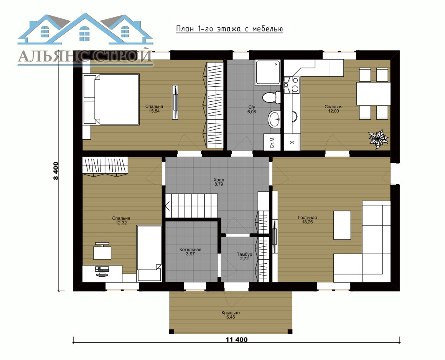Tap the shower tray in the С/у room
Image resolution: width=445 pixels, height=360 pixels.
pyautogui.click(x=268, y=72)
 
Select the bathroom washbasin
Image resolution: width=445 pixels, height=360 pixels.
pyautogui.click(x=274, y=119)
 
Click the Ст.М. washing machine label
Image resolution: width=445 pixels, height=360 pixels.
pyautogui.click(x=272, y=142)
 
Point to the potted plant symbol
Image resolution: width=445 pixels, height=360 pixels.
pyautogui.click(x=378, y=139)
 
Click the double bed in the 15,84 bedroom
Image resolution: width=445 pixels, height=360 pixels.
pyautogui.click(x=111, y=99)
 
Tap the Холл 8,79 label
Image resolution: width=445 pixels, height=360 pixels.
pyautogui.click(x=219, y=182)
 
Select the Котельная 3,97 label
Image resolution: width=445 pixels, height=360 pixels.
pyautogui.click(x=190, y=252)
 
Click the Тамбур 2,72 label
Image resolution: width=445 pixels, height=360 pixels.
pyautogui.click(x=244, y=257)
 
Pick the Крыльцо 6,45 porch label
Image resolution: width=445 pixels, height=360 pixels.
pyautogui.click(x=231, y=315)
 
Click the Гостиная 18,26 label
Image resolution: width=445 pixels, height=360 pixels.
pyautogui.click(x=307, y=220)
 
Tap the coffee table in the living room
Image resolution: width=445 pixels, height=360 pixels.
pyautogui.click(x=342, y=225)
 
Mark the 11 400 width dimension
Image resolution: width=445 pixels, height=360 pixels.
pyautogui.click(x=236, y=340)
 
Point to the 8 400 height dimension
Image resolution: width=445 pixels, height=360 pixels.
pyautogui.click(x=55, y=171)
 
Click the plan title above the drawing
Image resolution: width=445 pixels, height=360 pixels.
pyautogui.click(x=229, y=29)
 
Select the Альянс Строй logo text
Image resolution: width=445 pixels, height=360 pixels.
pyautogui.click(x=85, y=56)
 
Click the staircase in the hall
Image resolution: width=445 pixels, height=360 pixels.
pyautogui.click(x=191, y=206)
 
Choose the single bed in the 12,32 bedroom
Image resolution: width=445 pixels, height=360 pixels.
pyautogui.click(x=149, y=253)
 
